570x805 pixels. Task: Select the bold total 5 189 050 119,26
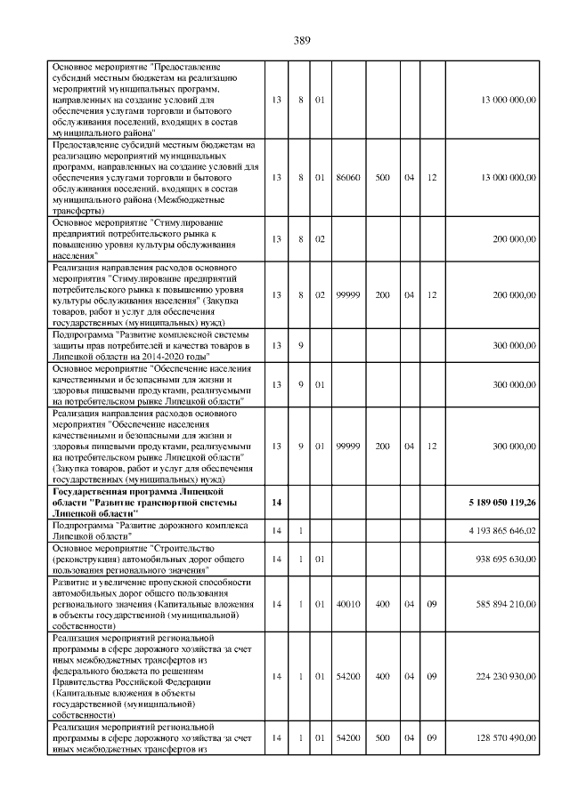click(501, 503)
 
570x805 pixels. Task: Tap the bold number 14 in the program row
click(277, 503)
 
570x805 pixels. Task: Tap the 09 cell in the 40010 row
click(432, 603)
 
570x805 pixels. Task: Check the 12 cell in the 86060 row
click(432, 178)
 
